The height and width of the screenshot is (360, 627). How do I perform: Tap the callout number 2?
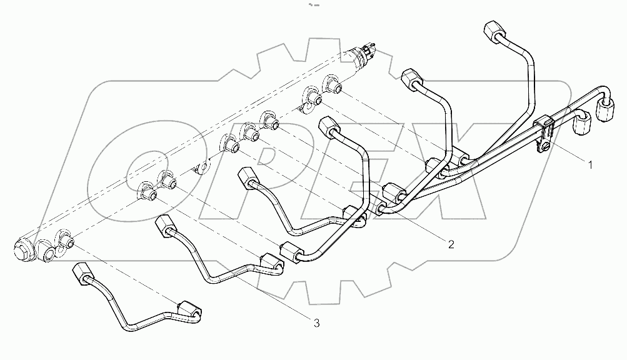point(449,243)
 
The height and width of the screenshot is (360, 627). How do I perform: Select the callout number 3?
point(317,322)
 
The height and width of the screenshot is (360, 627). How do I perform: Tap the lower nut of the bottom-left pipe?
point(189,309)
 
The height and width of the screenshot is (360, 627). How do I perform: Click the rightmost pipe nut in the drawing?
point(604,111)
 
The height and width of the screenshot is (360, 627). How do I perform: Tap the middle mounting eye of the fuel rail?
point(201,168)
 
